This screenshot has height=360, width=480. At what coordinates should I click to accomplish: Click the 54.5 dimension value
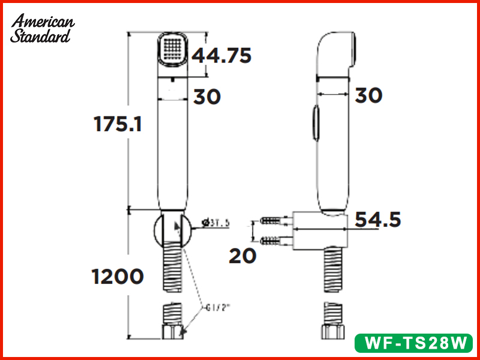click(x=376, y=220)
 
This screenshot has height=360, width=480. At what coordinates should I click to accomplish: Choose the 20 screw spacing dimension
click(x=242, y=256)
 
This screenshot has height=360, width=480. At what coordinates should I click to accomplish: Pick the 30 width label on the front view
click(x=207, y=97)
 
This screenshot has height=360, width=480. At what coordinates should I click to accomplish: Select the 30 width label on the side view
click(x=368, y=95)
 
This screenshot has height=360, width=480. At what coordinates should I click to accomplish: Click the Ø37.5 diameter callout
click(x=217, y=223)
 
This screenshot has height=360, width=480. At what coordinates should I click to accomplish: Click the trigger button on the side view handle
click(x=315, y=122)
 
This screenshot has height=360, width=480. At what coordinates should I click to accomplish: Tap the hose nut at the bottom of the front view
click(x=172, y=332)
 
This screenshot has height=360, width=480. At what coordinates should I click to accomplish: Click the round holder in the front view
click(x=172, y=229)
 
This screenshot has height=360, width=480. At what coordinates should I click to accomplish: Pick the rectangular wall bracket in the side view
click(x=318, y=229)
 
